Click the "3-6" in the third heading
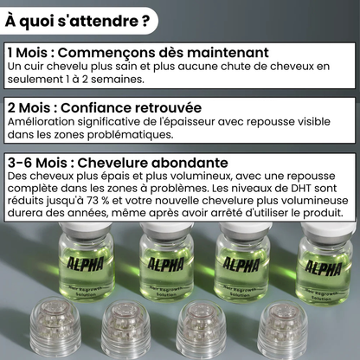[x=19, y=163]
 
